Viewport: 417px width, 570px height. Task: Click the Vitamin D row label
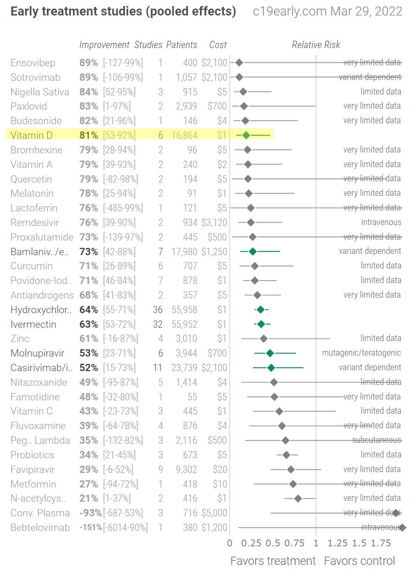point(31,135)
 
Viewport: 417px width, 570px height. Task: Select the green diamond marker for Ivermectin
point(261,324)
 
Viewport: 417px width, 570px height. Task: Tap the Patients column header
point(181,45)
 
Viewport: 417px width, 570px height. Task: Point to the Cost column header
point(218,45)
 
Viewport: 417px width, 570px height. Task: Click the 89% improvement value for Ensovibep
point(88,63)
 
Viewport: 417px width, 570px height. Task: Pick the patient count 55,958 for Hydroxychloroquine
point(184,310)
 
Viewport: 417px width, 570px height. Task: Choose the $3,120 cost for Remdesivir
point(214,223)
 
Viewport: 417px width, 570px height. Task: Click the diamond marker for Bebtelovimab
point(402,527)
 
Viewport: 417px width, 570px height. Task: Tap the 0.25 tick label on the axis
point(251,543)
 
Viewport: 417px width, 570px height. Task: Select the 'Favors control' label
point(360,561)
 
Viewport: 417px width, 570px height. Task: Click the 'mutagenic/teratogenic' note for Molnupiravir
point(361,353)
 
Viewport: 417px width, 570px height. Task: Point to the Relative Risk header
point(316,45)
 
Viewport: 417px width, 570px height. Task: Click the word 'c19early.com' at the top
point(290,12)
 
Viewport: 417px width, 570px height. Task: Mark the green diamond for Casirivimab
point(271,368)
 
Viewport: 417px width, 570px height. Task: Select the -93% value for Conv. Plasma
point(90,513)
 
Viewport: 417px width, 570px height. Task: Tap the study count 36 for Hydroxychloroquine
point(158,310)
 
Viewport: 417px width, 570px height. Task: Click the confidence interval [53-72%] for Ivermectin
point(119,324)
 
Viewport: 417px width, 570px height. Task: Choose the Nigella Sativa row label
point(39,92)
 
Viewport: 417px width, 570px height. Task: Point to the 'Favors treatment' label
point(273,561)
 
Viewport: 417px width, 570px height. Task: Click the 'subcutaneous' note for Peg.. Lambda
point(376,440)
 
